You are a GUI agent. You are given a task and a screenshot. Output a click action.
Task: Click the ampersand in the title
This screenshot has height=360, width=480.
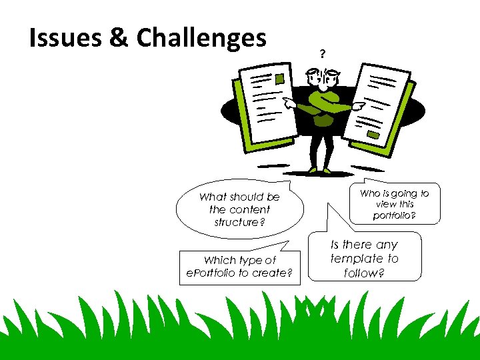[117, 38]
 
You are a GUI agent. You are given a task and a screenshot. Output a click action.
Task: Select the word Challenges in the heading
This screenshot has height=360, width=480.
[201, 39]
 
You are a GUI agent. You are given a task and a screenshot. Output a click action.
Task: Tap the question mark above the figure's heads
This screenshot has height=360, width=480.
[323, 53]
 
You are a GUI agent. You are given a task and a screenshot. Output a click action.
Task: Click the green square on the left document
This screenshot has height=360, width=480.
[280, 79]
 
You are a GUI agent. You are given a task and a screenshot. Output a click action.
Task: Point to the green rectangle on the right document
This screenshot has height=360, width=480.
[373, 135]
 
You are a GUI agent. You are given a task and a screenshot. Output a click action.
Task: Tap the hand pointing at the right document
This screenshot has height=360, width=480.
[358, 105]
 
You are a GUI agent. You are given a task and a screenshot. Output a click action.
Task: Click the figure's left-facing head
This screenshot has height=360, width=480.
[314, 77]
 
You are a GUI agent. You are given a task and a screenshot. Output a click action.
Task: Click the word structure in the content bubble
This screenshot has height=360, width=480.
[236, 222]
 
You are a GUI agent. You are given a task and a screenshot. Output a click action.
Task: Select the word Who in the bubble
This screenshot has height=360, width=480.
[369, 193]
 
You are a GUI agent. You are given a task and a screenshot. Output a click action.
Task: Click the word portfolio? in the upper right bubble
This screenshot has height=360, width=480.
[395, 215]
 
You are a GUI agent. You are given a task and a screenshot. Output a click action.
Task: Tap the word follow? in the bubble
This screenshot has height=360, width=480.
[364, 273]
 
